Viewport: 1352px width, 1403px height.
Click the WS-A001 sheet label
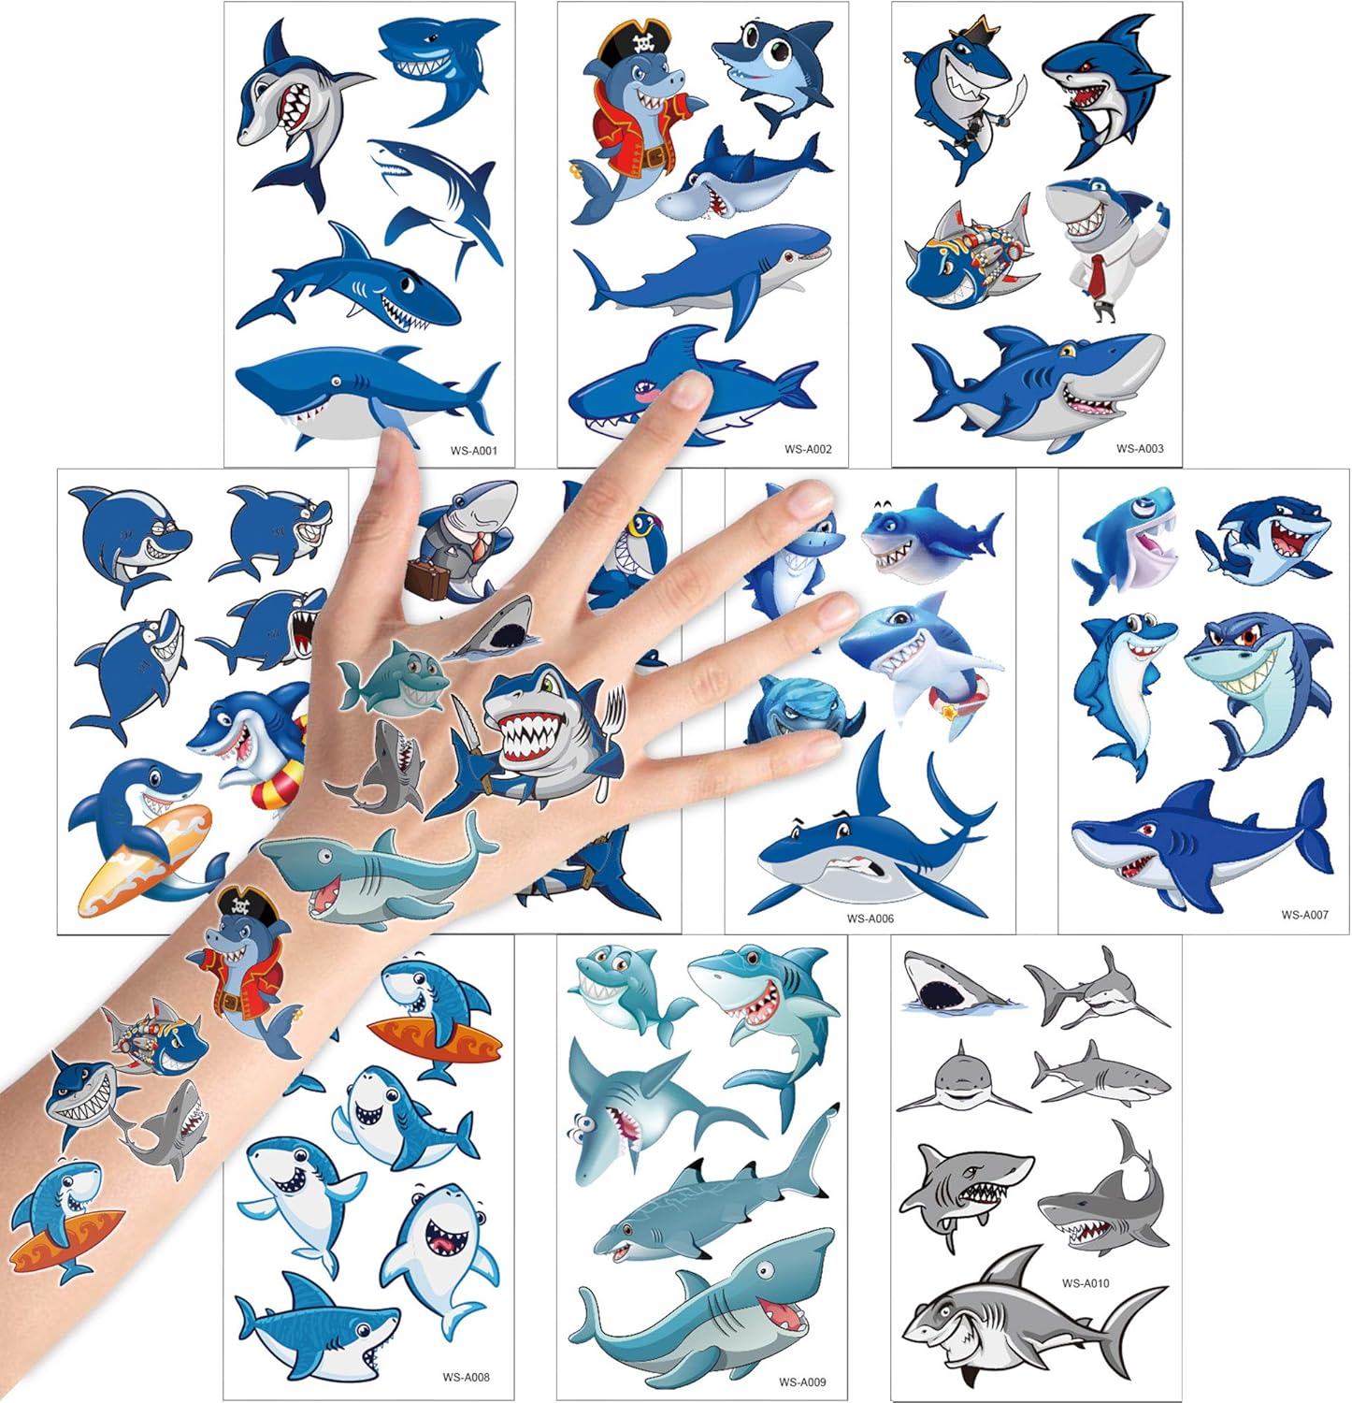(x=473, y=451)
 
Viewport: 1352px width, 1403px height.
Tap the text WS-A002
(x=807, y=449)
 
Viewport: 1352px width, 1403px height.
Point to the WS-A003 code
(x=1140, y=448)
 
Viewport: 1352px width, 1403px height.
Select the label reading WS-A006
(x=870, y=918)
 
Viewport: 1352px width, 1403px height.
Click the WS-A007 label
(x=1304, y=915)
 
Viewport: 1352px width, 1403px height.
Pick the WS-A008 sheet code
(x=466, y=1377)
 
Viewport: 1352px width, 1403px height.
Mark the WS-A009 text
(x=802, y=1381)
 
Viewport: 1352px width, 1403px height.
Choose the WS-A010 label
(x=1086, y=1283)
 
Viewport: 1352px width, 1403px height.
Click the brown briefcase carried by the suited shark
(x=427, y=579)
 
